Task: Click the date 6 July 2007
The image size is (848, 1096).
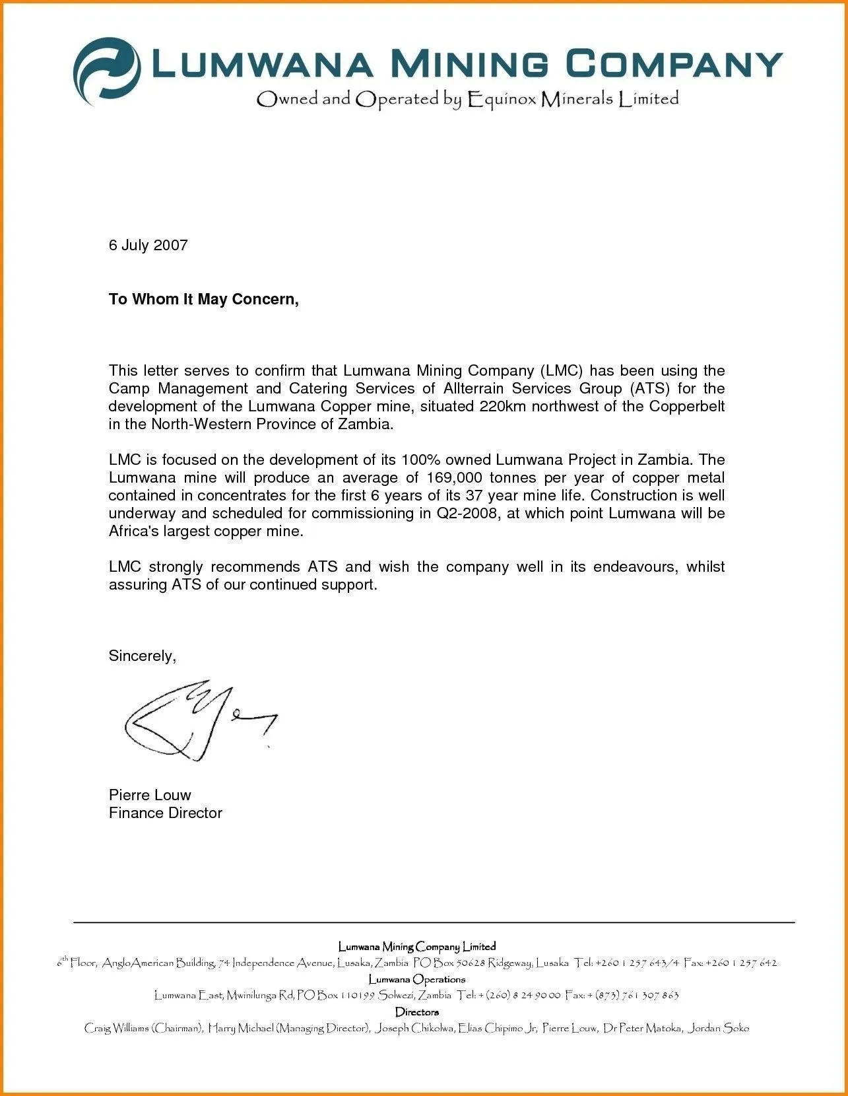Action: (148, 246)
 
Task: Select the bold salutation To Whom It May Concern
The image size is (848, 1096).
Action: (203, 300)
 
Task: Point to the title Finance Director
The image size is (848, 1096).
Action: (165, 813)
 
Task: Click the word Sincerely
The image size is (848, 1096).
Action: (142, 656)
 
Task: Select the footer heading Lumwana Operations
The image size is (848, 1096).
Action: (416, 979)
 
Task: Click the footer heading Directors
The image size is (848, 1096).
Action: (416, 1011)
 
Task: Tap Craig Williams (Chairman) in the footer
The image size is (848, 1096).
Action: (143, 1028)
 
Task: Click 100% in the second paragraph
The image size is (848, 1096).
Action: (420, 460)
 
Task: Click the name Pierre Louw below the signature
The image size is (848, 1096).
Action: (150, 795)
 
